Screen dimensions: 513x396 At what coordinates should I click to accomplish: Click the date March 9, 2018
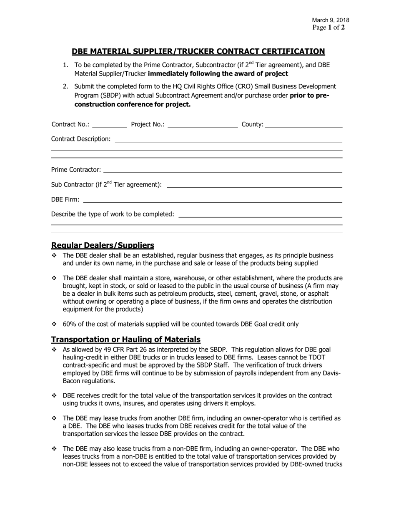(x=331, y=20)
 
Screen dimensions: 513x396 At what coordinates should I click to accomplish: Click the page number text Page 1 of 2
(x=328, y=28)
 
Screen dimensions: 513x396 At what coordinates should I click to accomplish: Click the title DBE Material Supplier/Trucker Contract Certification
(x=198, y=51)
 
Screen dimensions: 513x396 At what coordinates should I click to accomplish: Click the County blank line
(x=303, y=124)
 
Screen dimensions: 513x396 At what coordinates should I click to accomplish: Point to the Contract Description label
(x=81, y=138)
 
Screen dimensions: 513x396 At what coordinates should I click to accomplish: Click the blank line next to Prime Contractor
(x=223, y=170)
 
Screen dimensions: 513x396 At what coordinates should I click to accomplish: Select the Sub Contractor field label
(x=106, y=184)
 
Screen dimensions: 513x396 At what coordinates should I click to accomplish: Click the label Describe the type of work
(x=113, y=214)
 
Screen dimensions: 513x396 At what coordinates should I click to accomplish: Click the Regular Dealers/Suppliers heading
(x=103, y=245)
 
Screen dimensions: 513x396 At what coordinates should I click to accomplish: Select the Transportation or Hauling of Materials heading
(x=125, y=339)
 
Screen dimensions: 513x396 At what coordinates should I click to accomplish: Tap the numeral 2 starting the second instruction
(x=65, y=86)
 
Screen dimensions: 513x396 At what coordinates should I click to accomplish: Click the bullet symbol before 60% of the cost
(x=54, y=324)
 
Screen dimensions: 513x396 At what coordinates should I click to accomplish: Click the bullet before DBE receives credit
(x=54, y=395)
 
